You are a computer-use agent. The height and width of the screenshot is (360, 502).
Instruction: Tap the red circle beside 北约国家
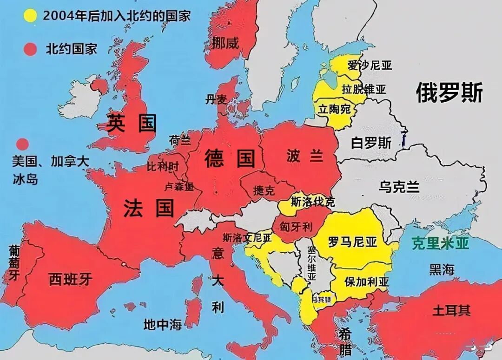coord(31,49)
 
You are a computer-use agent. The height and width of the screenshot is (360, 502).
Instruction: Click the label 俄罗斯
coord(449,92)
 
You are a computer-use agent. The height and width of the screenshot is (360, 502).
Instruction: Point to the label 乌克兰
coord(399,187)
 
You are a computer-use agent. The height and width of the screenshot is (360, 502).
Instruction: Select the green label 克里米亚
coord(440,243)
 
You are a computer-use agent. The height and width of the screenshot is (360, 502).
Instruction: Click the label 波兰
coord(304,156)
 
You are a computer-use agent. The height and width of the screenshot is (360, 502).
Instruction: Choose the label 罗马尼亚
coord(352,242)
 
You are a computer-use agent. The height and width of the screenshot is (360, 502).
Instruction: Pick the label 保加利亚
coord(367,281)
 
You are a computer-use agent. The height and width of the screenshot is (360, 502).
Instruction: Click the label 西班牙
coord(71,279)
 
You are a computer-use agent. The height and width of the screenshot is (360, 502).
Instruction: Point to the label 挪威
coord(225,44)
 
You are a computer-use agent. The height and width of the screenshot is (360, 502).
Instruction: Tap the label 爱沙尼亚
coord(370,65)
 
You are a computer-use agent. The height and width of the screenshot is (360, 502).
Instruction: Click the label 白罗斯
coord(371,142)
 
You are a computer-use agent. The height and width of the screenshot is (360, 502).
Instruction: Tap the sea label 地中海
coord(162,325)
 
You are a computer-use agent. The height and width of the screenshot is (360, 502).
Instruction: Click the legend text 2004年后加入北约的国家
coord(117,15)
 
